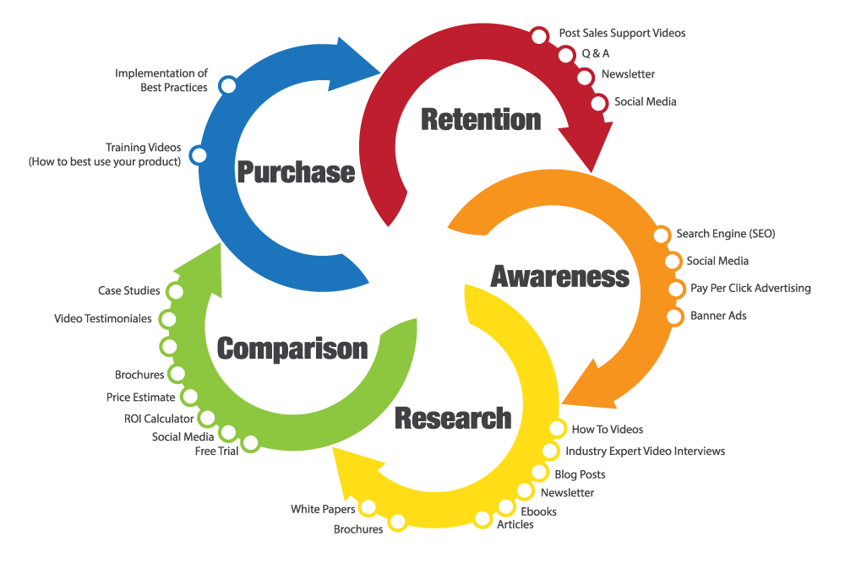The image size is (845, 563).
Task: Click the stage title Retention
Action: click(x=481, y=119)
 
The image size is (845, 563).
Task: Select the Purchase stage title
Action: click(x=295, y=172)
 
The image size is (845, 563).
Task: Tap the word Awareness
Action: click(x=559, y=276)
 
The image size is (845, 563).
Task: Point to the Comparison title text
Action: click(x=292, y=348)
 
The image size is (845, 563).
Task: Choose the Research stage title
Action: click(x=453, y=417)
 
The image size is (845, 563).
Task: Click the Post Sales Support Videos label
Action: click(x=622, y=33)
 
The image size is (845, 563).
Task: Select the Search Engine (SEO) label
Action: click(x=725, y=234)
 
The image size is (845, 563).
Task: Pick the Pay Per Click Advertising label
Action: click(x=750, y=288)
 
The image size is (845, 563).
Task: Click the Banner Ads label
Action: click(x=718, y=316)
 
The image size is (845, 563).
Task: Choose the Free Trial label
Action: click(x=216, y=451)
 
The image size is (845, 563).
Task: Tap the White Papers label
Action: click(x=323, y=509)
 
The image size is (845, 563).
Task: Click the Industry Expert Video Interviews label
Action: click(x=645, y=452)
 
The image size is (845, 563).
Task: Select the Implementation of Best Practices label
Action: click(x=161, y=80)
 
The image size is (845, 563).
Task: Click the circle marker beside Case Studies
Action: click(x=175, y=291)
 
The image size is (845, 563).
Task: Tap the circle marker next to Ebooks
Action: click(x=505, y=507)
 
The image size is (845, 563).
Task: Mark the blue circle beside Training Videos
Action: click(x=198, y=155)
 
